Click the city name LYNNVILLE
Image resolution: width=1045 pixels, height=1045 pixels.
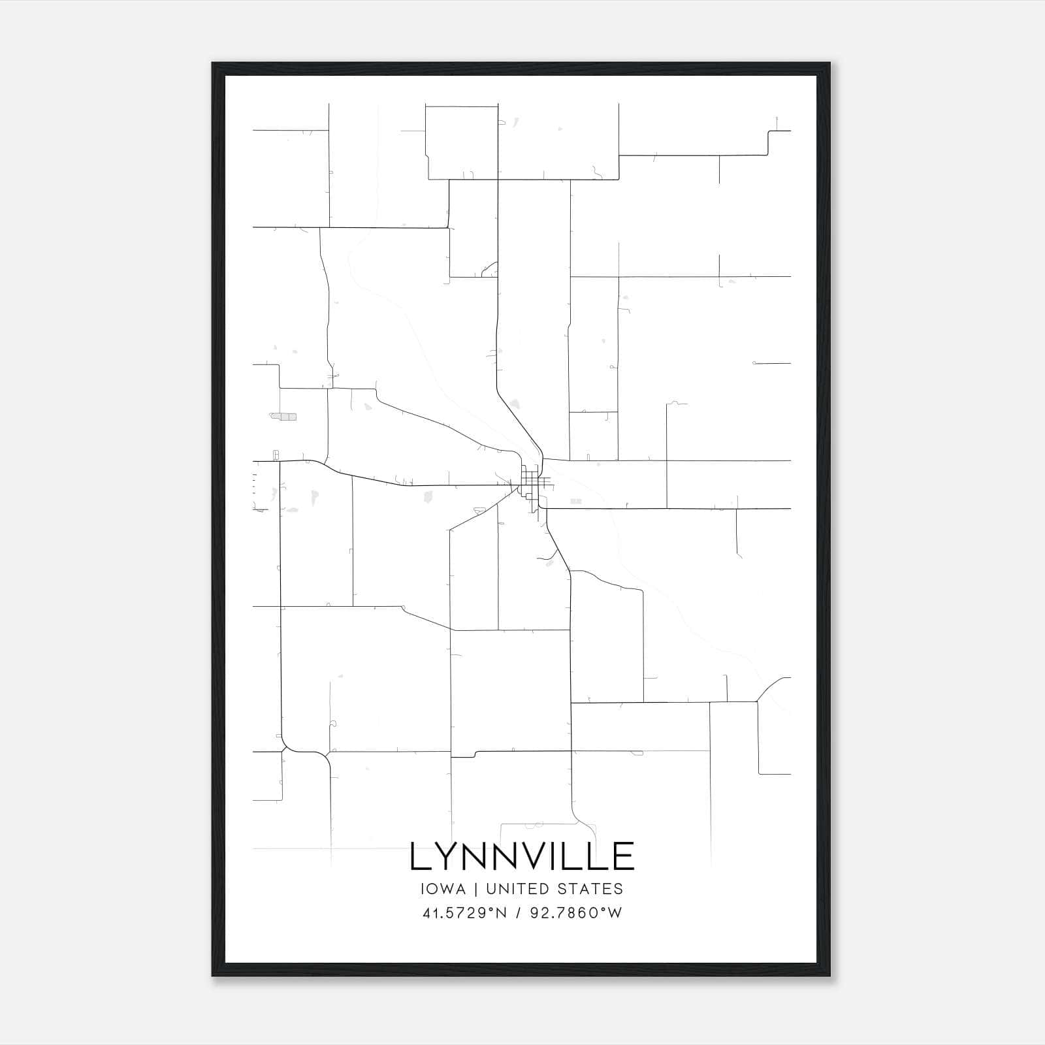click(x=522, y=856)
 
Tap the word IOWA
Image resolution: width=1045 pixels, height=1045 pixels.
click(x=443, y=889)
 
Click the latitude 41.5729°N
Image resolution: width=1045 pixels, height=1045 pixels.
click(x=464, y=913)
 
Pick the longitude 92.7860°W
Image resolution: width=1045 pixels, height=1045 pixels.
click(x=575, y=913)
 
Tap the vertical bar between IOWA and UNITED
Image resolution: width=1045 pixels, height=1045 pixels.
click(x=475, y=889)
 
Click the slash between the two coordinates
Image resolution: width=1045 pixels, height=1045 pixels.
click(x=517, y=913)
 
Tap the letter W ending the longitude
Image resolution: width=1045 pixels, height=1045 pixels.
click(x=614, y=913)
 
